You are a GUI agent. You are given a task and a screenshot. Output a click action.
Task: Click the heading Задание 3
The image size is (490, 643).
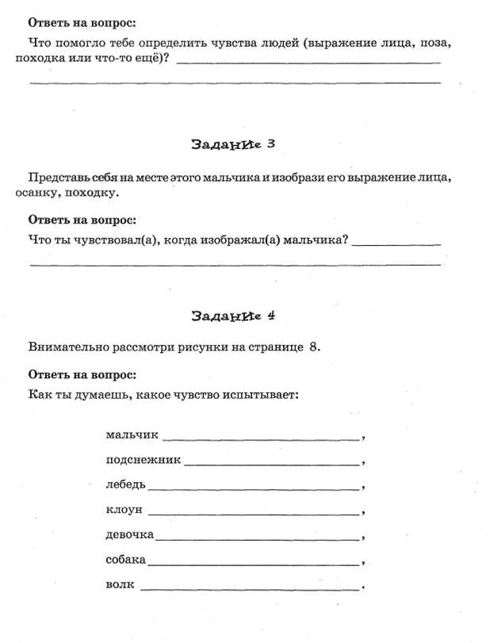coord(233,144)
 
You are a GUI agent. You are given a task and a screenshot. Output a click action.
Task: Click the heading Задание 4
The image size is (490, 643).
coord(233,316)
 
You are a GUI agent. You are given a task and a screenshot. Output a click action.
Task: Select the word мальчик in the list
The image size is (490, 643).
coord(132,434)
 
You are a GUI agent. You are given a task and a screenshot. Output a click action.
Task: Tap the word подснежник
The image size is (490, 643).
coord(143,459)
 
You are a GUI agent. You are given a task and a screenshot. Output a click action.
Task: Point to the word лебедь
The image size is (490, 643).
coord(125,484)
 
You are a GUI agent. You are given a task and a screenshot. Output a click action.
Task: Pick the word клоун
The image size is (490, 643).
coord(124,509)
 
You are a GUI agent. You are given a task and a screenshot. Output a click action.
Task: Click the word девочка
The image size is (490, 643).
coord(129,534)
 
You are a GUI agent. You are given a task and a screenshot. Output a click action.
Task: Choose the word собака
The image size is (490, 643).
coord(125,560)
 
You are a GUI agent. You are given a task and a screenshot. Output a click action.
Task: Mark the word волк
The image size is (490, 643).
coord(120,585)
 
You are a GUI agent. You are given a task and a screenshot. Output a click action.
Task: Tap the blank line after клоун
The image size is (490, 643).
coord(253,513)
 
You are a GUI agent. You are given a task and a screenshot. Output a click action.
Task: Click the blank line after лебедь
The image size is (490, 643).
coord(253,488)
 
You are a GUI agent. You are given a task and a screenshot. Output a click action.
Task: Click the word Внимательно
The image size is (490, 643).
coord(67,347)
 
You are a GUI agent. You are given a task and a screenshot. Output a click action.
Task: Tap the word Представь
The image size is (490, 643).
coord(56,178)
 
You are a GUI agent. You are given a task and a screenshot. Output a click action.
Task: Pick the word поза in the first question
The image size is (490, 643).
coord(440,42)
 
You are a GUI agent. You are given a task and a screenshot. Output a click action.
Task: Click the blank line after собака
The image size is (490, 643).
coord(253,564)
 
